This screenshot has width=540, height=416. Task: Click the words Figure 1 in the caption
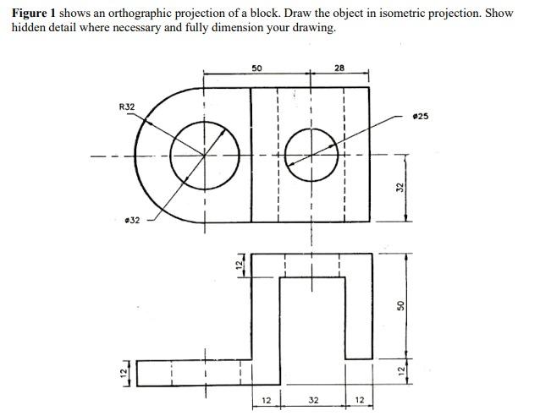point(34,14)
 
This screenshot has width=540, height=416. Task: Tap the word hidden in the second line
point(28,28)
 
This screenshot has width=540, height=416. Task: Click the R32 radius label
point(126,107)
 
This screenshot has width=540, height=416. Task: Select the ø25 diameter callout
point(420,116)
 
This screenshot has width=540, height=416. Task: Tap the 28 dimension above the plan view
point(339,67)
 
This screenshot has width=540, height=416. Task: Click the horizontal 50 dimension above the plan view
point(257,67)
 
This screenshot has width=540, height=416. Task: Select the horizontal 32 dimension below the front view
point(313,400)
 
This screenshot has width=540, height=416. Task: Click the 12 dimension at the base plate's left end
point(123,372)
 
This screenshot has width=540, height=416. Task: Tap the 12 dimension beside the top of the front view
point(240,265)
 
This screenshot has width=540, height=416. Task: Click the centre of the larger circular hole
point(203,154)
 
